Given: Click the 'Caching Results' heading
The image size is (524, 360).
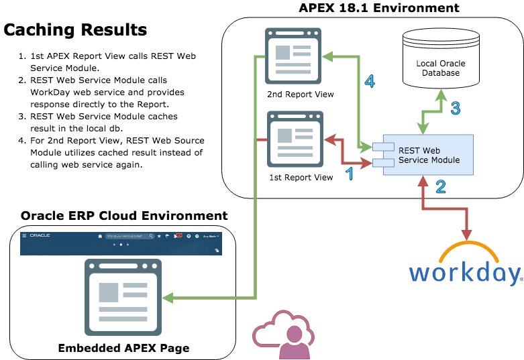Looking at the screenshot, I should point(75,30).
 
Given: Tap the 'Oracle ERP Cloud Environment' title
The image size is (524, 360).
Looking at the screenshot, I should point(124,216).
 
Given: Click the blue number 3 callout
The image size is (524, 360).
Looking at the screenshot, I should point(456,108).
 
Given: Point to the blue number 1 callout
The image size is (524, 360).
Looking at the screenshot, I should point(348,174).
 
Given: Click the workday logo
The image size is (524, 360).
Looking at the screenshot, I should point(464,268).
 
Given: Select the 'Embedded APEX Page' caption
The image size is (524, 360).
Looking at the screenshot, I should point(123,348).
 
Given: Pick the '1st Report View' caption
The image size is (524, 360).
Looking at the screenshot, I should point(300,178).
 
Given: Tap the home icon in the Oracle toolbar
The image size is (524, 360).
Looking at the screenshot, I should point(100,236).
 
